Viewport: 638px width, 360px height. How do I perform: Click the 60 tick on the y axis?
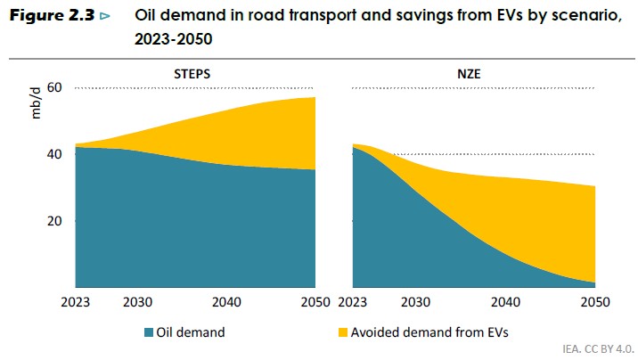(54, 87)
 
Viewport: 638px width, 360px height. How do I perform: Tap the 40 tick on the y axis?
(54, 154)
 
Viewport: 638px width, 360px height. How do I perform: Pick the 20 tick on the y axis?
(54, 221)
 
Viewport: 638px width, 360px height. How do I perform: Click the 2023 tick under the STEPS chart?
(77, 300)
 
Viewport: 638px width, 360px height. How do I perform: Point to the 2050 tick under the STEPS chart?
(315, 300)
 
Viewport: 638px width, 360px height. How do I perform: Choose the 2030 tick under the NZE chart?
(419, 300)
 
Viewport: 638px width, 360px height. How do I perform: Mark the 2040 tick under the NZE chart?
(506, 300)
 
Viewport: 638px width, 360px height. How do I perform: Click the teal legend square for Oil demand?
(149, 332)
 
